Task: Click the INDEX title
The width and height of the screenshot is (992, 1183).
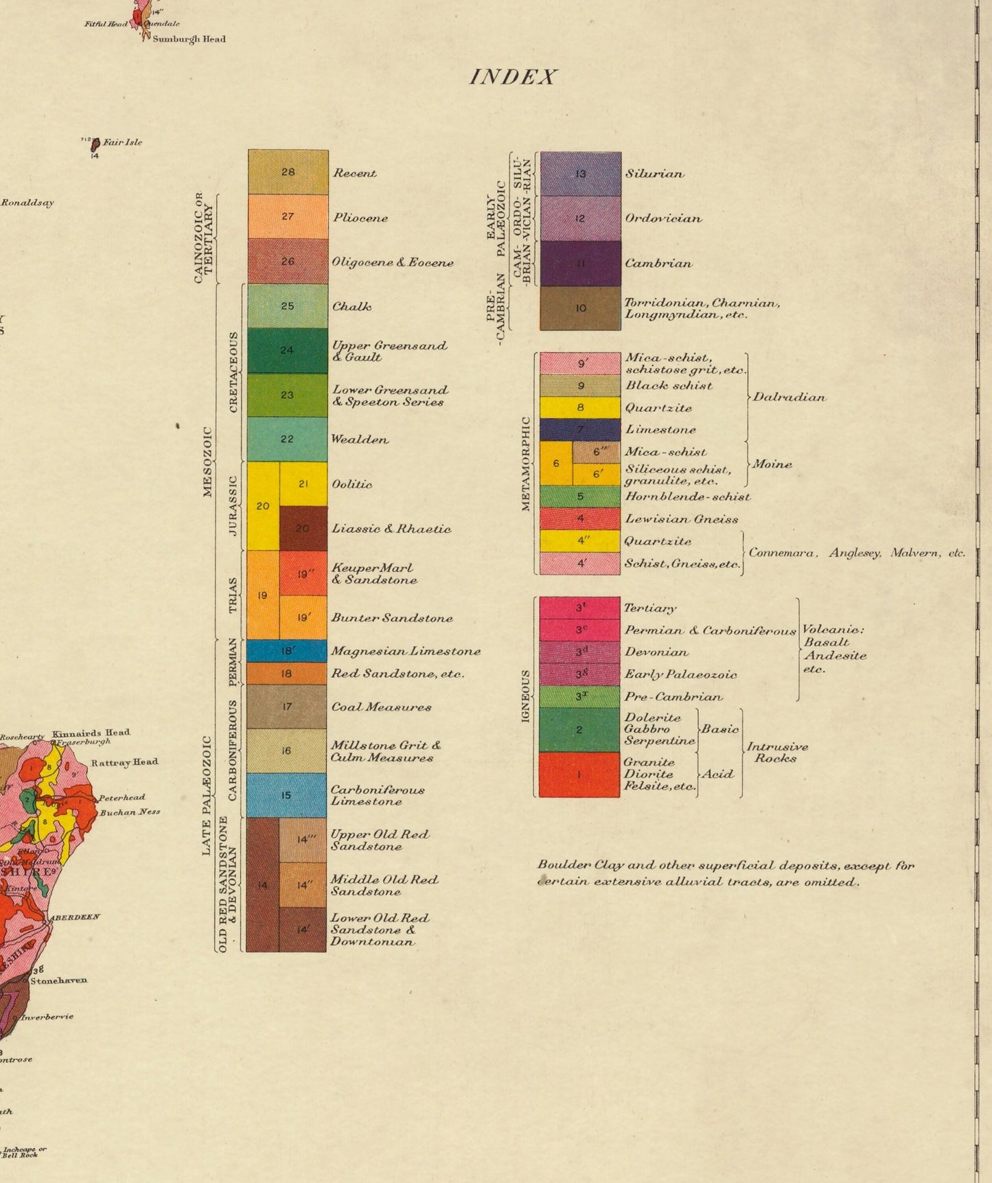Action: coord(512,77)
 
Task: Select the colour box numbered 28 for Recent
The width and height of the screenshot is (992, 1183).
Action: coord(288,172)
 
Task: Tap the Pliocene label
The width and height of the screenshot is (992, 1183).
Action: coord(360,218)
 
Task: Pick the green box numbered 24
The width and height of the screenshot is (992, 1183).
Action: coord(288,350)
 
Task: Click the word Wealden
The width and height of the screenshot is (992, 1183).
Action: coord(360,439)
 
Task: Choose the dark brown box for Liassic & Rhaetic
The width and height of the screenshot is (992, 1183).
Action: coord(303,528)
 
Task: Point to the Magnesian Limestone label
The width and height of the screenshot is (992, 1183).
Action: coord(405,651)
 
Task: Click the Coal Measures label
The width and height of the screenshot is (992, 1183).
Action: coord(381,707)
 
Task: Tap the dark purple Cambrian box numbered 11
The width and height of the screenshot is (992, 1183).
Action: coord(580,264)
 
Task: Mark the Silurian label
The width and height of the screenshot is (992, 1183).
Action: coord(654,174)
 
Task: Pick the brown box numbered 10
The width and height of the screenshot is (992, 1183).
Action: coord(580,308)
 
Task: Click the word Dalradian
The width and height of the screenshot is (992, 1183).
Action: coord(789,398)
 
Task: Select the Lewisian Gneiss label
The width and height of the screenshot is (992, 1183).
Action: coord(681,519)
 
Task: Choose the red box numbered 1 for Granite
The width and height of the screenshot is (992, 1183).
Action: coord(579,774)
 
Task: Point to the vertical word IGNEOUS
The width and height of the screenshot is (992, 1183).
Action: coord(526,696)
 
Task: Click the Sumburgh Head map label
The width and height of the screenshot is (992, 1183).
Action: coord(189,39)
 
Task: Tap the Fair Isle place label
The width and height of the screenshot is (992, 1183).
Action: coord(122,143)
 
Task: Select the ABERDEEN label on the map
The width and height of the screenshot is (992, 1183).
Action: coord(74,917)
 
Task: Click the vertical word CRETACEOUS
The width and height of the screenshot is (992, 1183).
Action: coord(233,372)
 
